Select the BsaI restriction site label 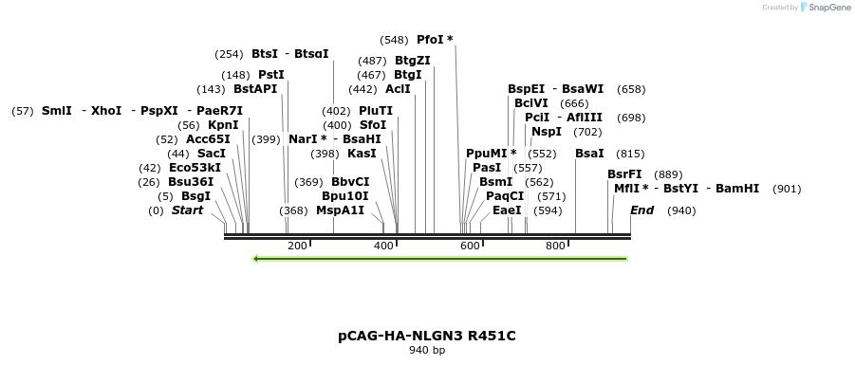[x=589, y=154]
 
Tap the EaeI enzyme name [x=507, y=210]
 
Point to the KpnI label [x=223, y=125]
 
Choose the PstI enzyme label [x=271, y=75]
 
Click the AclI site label [x=398, y=89]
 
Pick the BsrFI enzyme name [x=624, y=174]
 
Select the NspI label [x=547, y=132]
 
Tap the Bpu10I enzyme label [x=344, y=196]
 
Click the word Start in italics [x=187, y=210]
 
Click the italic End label [x=641, y=210]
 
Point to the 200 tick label [x=297, y=246]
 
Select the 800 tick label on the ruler [x=555, y=246]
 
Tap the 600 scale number [x=469, y=246]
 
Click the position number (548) [x=394, y=40]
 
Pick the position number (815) [x=630, y=154]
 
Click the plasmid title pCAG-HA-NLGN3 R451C [x=427, y=336]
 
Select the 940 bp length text [x=427, y=351]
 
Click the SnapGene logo [x=825, y=8]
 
